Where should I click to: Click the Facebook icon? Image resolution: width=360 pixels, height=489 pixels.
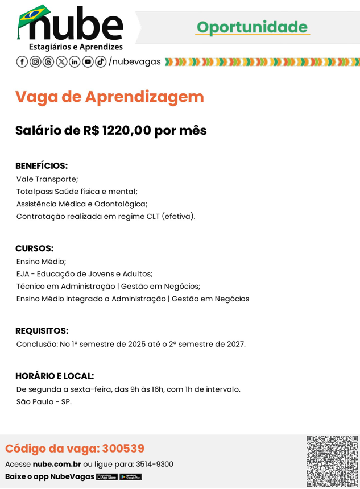click(22, 61)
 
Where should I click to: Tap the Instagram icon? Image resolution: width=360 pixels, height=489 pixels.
click(35, 61)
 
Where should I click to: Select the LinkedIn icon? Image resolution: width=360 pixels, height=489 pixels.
click(75, 61)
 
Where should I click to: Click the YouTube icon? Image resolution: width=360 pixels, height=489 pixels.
click(88, 61)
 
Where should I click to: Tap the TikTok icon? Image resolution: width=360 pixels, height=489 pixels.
click(101, 61)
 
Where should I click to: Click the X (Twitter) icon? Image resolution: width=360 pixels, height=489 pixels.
click(61, 61)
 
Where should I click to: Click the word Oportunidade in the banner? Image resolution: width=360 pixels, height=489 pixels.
click(252, 27)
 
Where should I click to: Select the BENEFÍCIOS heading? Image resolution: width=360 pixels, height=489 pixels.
click(42, 166)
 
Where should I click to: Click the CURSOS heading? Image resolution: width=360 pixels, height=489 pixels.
click(34, 248)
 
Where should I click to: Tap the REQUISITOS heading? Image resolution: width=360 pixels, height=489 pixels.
click(42, 331)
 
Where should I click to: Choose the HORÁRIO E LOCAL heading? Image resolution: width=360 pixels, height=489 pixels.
click(55, 376)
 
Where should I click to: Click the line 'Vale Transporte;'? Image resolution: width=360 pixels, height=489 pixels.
click(47, 179)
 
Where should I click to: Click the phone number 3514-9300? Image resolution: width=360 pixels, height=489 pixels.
click(154, 464)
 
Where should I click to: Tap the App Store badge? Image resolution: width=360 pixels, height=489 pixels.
click(107, 477)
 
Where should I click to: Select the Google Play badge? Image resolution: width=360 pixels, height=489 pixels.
click(131, 477)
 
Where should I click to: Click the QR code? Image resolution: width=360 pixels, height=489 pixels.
click(332, 461)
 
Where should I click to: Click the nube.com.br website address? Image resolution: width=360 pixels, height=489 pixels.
click(57, 464)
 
